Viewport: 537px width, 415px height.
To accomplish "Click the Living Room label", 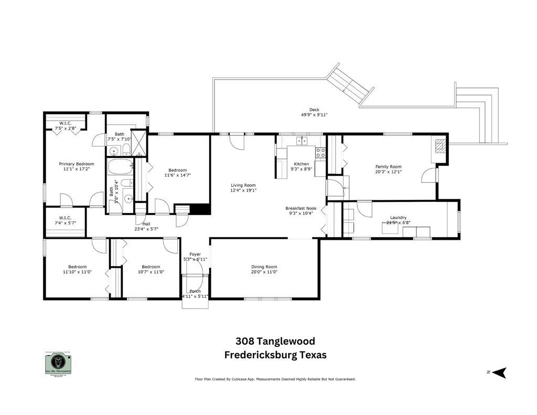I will (x=243, y=185).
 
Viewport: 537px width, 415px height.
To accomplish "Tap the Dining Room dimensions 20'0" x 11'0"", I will (x=264, y=272).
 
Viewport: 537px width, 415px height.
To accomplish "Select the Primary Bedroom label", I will (x=73, y=164).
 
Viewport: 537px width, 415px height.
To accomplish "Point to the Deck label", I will (x=314, y=110).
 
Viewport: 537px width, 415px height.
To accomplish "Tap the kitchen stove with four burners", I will (x=320, y=153).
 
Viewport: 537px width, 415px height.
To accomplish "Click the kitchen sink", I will (x=302, y=141).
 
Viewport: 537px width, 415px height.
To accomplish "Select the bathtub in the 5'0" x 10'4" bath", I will (x=121, y=168).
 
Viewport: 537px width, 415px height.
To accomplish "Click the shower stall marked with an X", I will (x=139, y=142).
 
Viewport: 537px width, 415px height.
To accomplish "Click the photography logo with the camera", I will (x=57, y=362).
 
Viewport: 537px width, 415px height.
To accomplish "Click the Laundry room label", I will (x=399, y=217).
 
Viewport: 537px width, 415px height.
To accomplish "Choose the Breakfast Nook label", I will (x=300, y=208).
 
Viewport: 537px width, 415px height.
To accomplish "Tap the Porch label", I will (x=195, y=291).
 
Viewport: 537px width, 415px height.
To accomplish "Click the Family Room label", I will (x=388, y=166).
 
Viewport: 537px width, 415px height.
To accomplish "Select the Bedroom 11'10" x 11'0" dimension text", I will (x=73, y=272).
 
